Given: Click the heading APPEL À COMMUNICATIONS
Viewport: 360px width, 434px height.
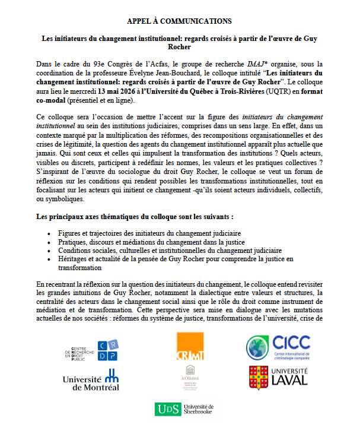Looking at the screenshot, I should click(x=179, y=21).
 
